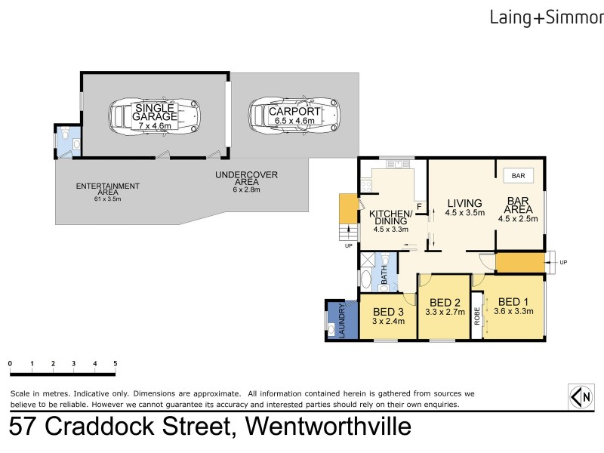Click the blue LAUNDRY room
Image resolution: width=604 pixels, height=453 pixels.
point(336,319)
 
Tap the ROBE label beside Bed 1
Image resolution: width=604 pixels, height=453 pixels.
point(477,316)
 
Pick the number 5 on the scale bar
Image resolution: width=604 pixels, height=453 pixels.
point(116,363)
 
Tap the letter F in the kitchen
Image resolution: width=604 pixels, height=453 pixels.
point(418,205)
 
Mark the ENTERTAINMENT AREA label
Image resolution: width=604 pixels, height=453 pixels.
point(107,189)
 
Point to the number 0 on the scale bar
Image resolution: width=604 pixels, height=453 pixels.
point(10,363)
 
